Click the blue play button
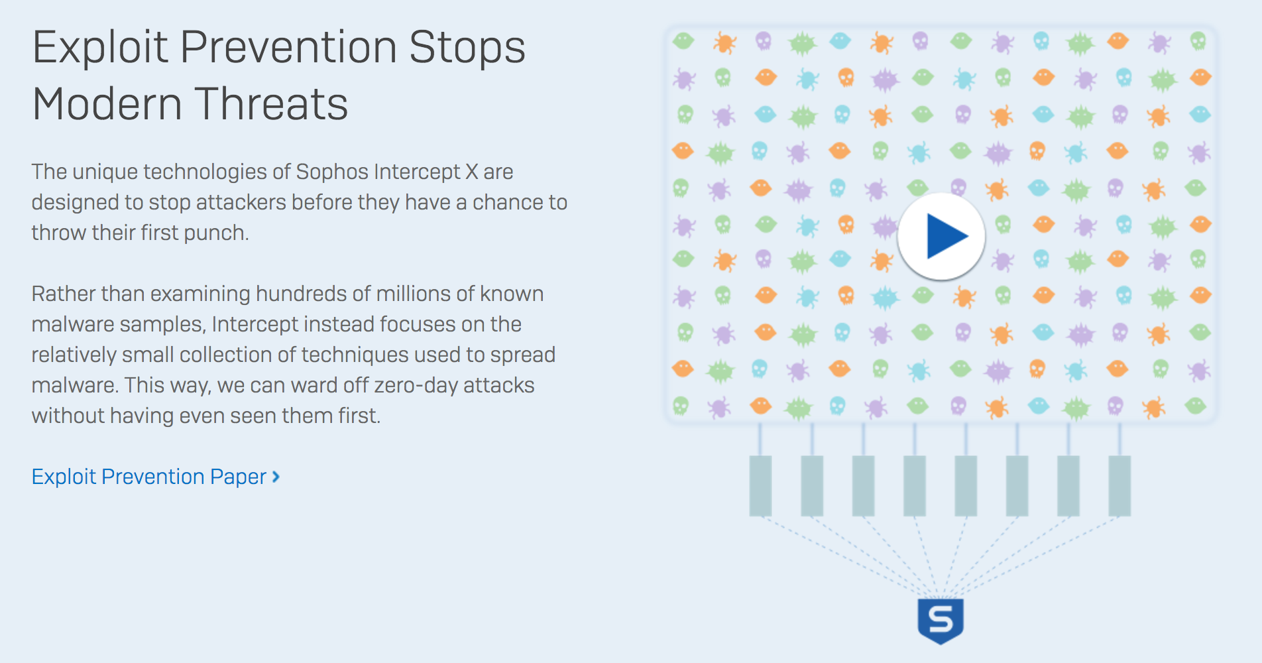[x=941, y=236]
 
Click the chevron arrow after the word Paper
[x=276, y=477]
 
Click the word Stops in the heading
[x=467, y=48]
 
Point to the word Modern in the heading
[x=107, y=104]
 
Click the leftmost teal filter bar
[x=760, y=486]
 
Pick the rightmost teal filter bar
[x=1119, y=486]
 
